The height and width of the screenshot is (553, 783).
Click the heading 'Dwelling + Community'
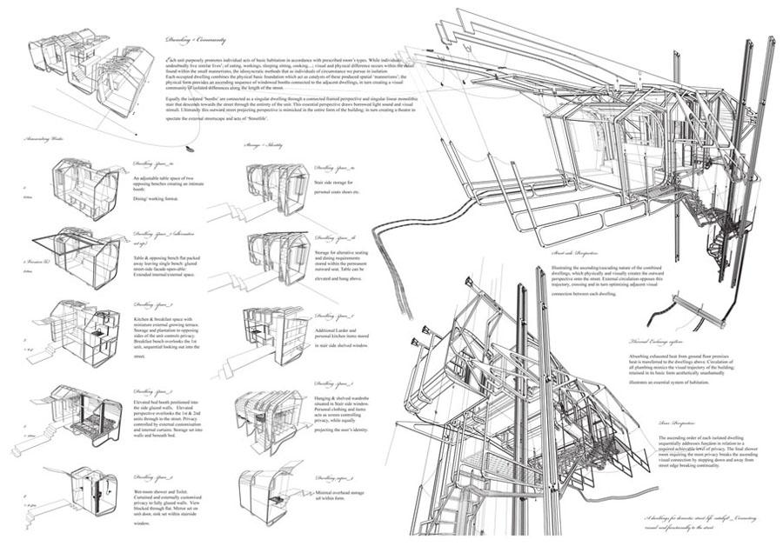193,40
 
